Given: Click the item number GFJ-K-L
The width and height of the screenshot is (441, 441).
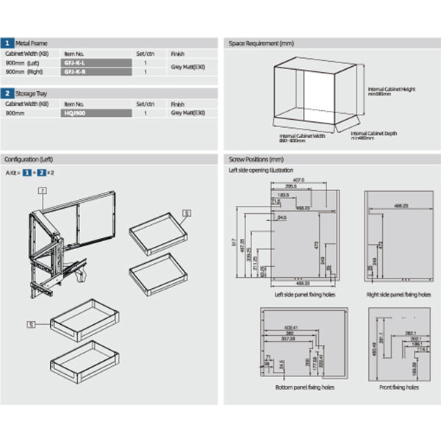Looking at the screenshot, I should pos(75,63).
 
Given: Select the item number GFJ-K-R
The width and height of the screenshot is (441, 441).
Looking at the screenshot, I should pos(75,72).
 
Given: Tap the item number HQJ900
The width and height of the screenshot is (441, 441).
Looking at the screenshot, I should pos(75,113).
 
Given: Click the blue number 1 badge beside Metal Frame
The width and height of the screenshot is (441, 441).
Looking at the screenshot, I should pos(7,43).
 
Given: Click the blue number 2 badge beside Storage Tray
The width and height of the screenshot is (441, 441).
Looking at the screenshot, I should pos(7,94).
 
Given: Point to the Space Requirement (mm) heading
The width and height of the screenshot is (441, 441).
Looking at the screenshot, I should pos(257,43).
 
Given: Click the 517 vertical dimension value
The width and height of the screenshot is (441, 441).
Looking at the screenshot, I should pos(234,242).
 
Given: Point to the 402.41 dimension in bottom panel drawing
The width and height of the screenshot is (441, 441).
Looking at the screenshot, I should pos(291,326).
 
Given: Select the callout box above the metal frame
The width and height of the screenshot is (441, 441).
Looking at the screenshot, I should pos(43,189).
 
